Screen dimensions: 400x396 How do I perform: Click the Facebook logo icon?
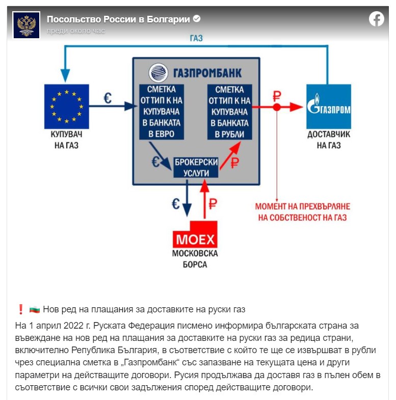[x=377, y=19]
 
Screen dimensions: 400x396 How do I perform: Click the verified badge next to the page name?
[x=197, y=19]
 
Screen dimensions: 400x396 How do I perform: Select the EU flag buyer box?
[x=67, y=106]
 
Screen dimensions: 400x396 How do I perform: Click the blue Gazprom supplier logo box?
[x=329, y=106]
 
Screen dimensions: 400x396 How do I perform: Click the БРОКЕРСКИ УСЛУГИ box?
[x=196, y=167]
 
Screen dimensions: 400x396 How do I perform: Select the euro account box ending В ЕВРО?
[x=161, y=112]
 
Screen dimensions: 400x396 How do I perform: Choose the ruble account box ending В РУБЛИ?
[x=229, y=112]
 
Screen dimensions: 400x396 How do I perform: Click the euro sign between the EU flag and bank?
[x=108, y=98]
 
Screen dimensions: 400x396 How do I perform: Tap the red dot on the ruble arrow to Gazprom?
[x=276, y=107]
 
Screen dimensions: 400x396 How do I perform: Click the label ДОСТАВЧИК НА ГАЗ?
[x=329, y=141]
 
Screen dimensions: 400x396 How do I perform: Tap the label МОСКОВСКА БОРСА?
[x=196, y=259]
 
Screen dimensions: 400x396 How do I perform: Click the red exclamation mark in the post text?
[x=21, y=309]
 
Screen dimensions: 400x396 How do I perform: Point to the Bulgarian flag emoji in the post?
[x=34, y=309]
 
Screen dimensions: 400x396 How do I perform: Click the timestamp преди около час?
[x=76, y=31]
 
